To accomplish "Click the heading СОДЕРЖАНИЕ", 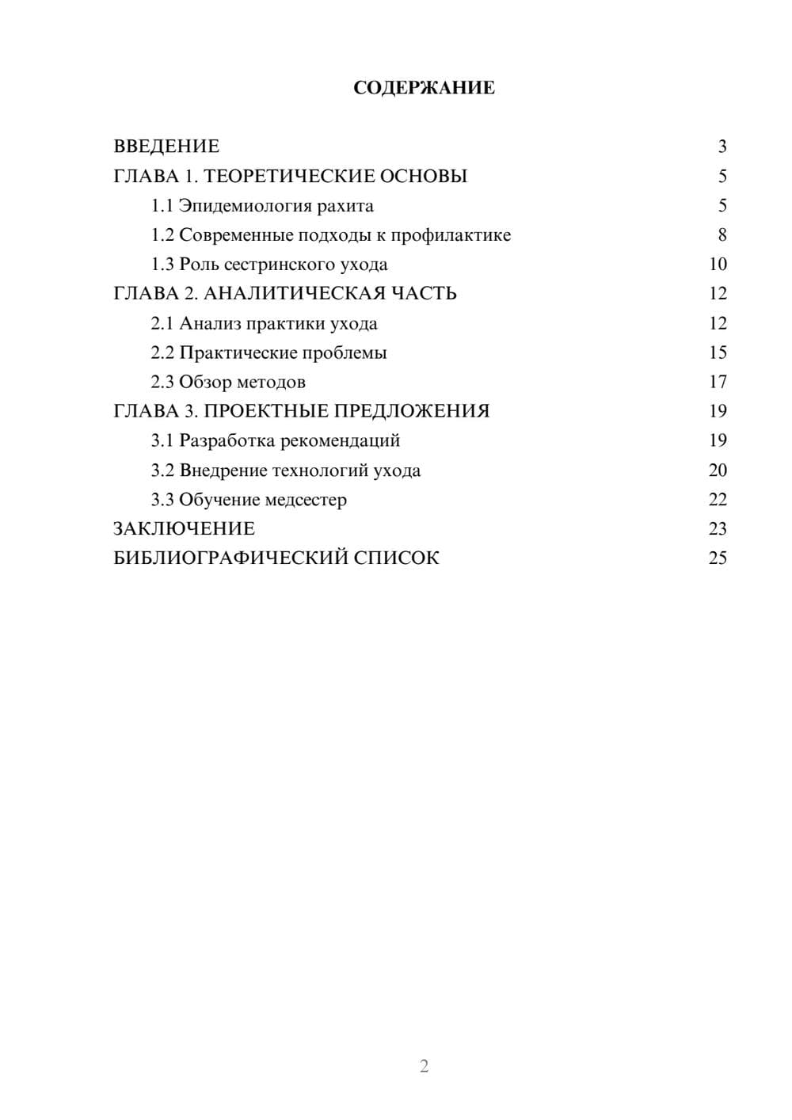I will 424,87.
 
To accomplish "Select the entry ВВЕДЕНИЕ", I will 166,147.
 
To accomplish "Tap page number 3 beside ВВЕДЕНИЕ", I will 722,147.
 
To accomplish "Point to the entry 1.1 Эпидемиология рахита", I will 262,206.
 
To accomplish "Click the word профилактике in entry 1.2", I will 451,235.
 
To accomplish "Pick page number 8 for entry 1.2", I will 722,235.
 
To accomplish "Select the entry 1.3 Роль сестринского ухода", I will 269,265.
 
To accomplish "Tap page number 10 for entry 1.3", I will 718,265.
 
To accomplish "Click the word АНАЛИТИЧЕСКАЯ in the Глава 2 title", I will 292,294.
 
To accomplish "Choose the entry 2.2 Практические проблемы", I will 268,352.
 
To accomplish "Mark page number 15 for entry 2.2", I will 718,352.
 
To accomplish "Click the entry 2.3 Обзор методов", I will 228,382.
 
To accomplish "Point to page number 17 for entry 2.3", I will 718,382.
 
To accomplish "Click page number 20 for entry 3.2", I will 718,470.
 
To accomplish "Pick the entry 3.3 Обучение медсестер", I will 249,500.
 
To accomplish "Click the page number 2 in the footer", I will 424,1066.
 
